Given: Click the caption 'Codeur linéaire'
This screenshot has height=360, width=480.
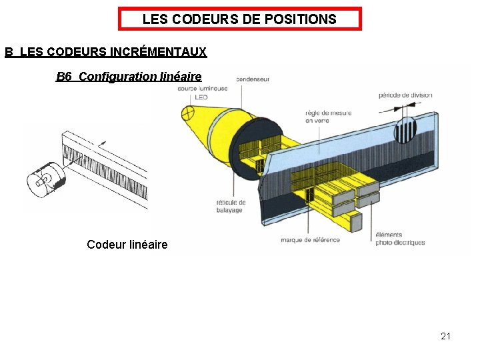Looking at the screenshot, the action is (x=127, y=245).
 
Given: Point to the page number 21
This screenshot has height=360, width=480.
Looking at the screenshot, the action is (x=445, y=336).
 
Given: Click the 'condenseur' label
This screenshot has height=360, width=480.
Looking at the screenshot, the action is (x=253, y=79).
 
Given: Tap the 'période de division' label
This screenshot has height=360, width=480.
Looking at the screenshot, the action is (x=405, y=95).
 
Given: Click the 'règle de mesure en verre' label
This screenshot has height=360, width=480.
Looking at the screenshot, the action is (x=328, y=117).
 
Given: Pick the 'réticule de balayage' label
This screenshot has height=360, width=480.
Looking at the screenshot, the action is (x=231, y=206).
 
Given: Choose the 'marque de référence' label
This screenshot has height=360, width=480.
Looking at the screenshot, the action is (x=311, y=240).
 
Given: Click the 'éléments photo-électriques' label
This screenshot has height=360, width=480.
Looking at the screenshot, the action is (x=400, y=239).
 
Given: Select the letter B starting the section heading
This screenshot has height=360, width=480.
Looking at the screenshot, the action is (x=9, y=51).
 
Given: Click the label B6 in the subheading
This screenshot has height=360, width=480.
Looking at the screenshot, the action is (x=64, y=77).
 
